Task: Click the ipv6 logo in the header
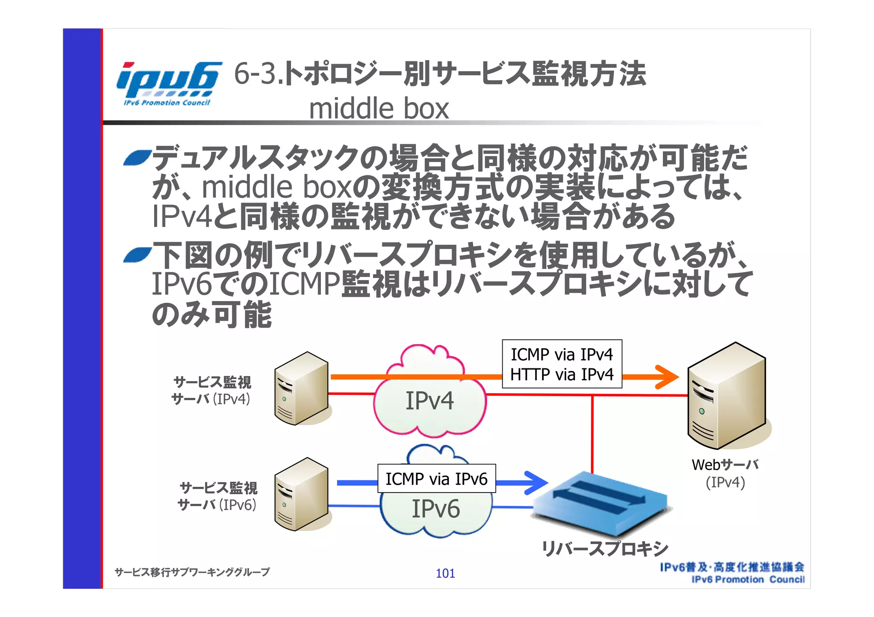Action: [168, 83]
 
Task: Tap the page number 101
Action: [445, 574]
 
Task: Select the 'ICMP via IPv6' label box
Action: [437, 479]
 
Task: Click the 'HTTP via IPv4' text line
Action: [562, 375]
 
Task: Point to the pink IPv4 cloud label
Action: [429, 401]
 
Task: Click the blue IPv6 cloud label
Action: [436, 509]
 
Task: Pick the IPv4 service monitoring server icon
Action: [301, 388]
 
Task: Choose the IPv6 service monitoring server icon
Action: [301, 495]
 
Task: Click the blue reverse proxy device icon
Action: [600, 503]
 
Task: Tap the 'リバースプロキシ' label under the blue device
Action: [604, 549]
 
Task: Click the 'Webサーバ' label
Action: [725, 465]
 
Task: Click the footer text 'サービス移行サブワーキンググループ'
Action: [192, 572]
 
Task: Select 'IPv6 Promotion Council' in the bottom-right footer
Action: [748, 580]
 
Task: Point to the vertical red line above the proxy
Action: [592, 433]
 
